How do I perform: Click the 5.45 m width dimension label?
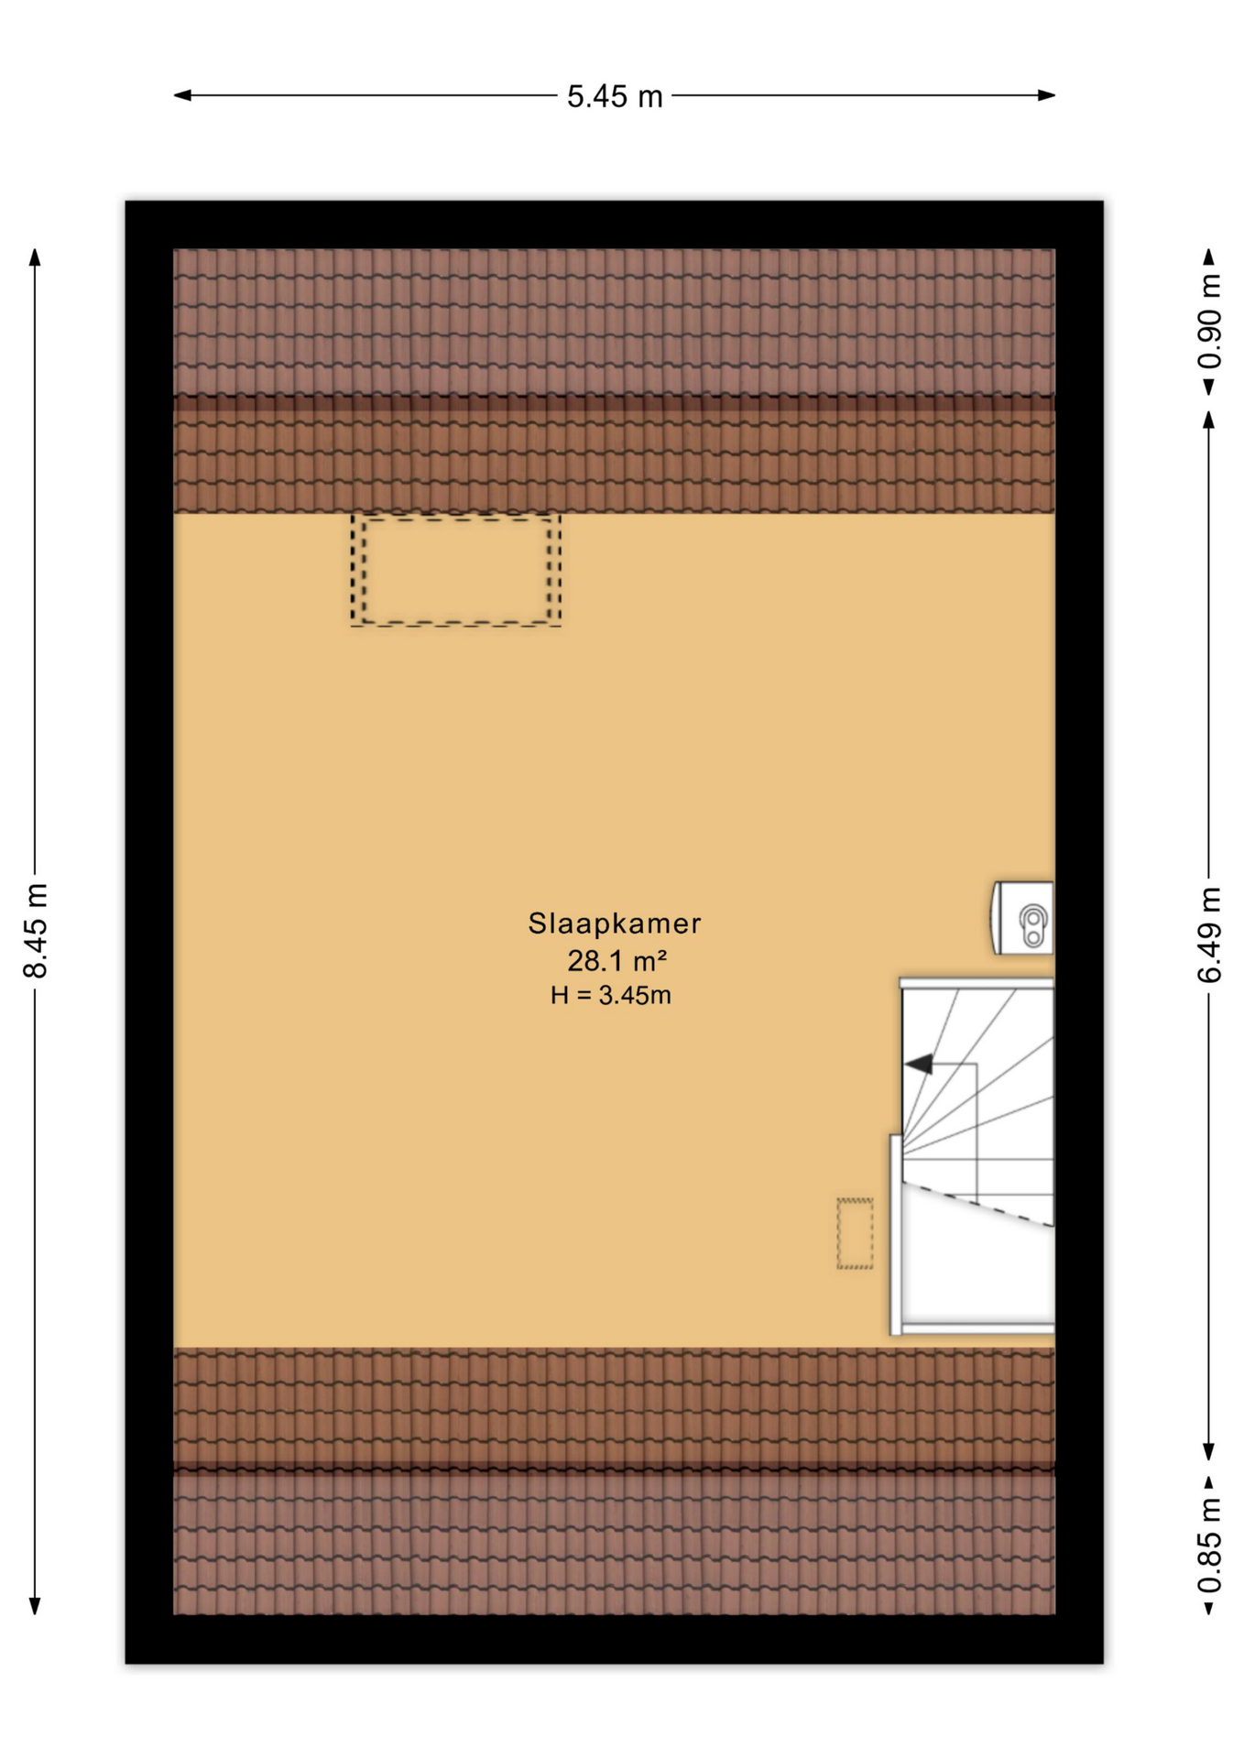(614, 96)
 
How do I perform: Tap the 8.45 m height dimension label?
(35, 931)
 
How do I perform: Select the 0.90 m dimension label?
(1209, 322)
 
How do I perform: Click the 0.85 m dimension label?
(1209, 1545)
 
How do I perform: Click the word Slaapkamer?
(614, 923)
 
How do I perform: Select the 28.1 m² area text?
(617, 960)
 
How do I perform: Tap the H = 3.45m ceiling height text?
(610, 995)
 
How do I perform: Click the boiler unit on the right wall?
(1022, 918)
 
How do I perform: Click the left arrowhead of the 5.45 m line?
(182, 94)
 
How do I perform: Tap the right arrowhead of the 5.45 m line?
(1046, 94)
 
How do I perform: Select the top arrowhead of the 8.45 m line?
(35, 257)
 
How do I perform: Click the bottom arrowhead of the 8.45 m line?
(35, 1605)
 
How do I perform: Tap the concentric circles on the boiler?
(1033, 924)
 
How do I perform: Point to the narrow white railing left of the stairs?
(896, 1235)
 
